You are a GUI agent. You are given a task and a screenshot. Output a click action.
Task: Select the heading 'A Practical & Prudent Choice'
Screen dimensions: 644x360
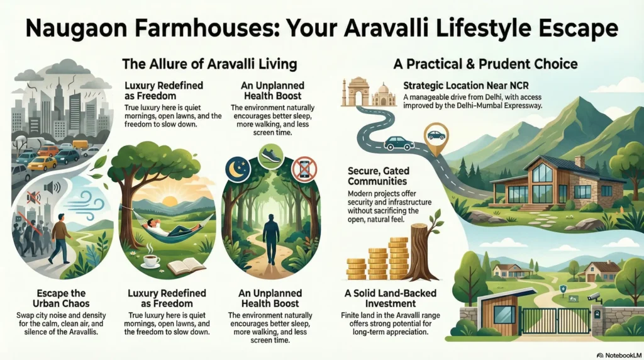tap(486, 64)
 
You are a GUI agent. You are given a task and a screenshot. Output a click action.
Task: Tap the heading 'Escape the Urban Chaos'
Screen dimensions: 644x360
tap(61, 298)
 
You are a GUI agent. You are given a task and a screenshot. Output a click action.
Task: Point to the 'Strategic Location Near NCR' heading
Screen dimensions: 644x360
tap(466, 86)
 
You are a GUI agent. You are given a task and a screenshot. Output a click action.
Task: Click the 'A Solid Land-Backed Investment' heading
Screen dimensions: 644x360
tap(390, 298)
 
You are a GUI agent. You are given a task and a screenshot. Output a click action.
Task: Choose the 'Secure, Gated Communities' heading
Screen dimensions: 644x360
tap(378, 176)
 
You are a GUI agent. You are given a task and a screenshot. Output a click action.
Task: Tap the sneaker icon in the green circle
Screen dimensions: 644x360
tap(271, 156)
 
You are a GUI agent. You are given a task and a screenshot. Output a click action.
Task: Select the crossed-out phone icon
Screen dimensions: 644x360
tap(304, 169)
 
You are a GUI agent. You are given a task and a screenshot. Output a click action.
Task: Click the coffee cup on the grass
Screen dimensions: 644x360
tap(150, 261)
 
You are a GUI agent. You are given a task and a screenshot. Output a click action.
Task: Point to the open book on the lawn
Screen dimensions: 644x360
tap(186, 266)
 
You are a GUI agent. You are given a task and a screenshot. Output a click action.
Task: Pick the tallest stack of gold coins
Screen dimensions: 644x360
tap(398, 258)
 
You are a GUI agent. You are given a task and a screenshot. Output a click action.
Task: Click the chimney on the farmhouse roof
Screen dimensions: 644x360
tap(579, 162)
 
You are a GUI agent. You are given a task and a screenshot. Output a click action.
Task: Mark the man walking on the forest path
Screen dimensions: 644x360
tap(270, 239)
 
